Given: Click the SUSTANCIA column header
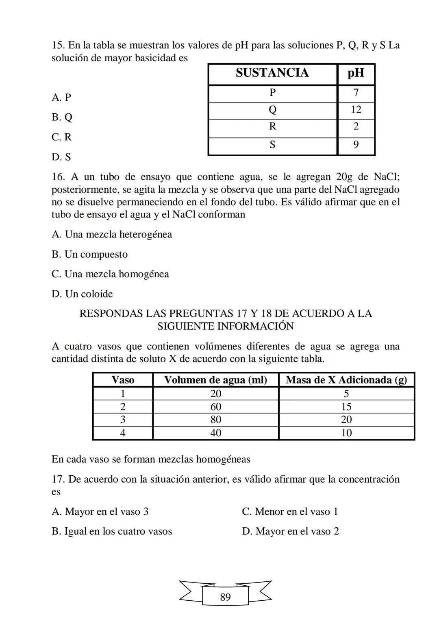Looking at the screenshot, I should (x=272, y=73).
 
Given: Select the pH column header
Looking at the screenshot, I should (x=356, y=73).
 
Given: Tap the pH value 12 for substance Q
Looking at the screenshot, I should (x=356, y=110).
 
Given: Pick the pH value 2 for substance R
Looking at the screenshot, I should (x=356, y=127).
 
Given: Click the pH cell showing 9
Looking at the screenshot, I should (x=356, y=145).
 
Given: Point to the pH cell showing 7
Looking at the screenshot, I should (x=356, y=93).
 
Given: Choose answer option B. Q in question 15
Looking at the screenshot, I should (x=62, y=117).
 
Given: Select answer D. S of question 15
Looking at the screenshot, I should (x=61, y=157).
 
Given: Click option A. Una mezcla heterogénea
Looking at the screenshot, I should (x=112, y=235).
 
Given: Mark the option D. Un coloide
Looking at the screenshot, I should (x=82, y=294).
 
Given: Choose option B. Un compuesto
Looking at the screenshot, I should (x=89, y=255).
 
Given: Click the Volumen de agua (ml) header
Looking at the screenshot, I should (x=215, y=380).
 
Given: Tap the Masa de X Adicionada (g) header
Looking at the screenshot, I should (x=346, y=380).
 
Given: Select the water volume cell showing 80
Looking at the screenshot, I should (x=215, y=420).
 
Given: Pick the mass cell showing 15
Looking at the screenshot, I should (x=346, y=407).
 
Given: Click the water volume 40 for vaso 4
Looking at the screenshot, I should (x=215, y=433).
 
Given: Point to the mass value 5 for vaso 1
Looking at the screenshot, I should (x=346, y=394).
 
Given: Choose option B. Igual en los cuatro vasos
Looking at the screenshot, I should (x=112, y=531).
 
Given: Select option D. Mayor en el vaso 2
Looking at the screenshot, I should (x=290, y=531).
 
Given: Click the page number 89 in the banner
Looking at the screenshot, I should (x=225, y=597).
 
